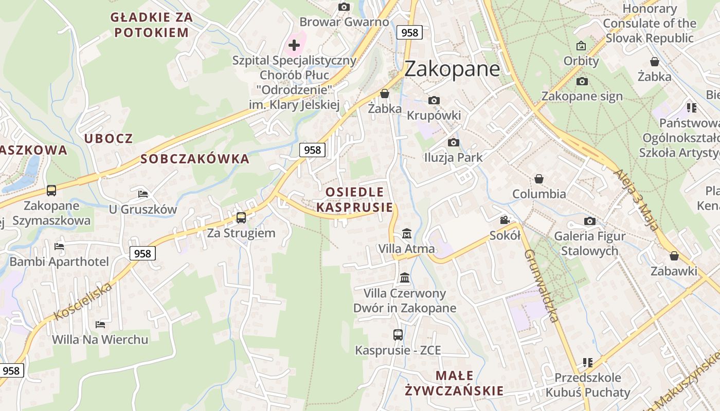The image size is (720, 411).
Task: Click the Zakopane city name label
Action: click(x=452, y=69)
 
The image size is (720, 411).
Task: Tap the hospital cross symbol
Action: click(x=294, y=45)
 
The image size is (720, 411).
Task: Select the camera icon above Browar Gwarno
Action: click(x=344, y=7)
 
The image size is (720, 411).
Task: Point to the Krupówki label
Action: click(x=434, y=115)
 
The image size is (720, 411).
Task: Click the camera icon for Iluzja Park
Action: click(x=453, y=142)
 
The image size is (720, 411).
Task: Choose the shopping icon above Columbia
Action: click(x=539, y=179)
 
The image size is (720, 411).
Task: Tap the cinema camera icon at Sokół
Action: click(x=505, y=220)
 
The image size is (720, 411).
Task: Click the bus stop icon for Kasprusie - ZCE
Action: click(x=398, y=335)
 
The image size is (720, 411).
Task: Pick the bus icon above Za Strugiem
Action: click(x=241, y=218)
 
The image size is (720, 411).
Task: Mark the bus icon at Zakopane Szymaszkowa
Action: click(x=51, y=191)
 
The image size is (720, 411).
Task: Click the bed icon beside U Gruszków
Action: click(x=143, y=194)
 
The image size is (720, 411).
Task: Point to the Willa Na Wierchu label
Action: click(x=100, y=340)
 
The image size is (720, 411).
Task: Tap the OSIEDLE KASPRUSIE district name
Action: click(x=354, y=200)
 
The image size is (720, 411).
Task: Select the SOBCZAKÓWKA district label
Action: click(x=195, y=159)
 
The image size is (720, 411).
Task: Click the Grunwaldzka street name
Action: click(x=542, y=286)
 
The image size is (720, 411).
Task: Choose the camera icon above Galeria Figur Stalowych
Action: click(x=590, y=221)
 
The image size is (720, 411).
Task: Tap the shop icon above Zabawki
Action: click(x=674, y=256)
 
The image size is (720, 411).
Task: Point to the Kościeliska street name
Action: click(x=83, y=301)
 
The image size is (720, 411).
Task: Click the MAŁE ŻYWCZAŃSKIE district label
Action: click(x=454, y=383)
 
